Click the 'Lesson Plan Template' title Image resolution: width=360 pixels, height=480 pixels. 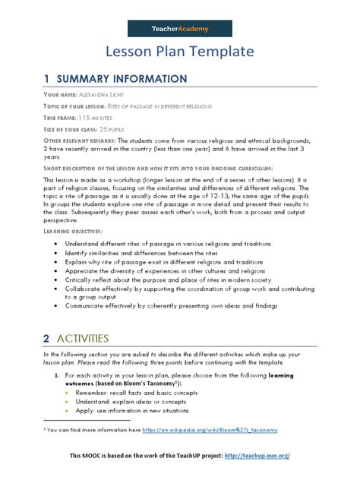(x=179, y=52)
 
